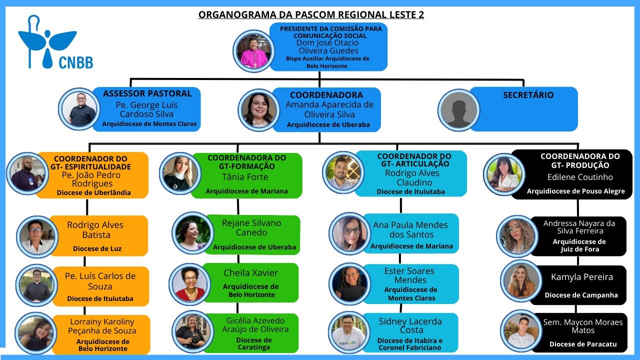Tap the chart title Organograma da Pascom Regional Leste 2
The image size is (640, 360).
(x=311, y=14)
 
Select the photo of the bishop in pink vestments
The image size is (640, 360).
(x=252, y=50)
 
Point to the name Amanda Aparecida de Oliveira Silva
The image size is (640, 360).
(x=329, y=109)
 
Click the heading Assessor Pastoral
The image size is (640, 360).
(x=147, y=93)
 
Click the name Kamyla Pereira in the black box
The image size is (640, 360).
(x=581, y=277)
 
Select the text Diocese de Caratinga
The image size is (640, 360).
(x=253, y=343)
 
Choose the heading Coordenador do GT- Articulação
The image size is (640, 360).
(x=414, y=160)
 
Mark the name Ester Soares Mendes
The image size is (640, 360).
(x=410, y=275)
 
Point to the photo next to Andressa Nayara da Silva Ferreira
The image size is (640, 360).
(x=517, y=235)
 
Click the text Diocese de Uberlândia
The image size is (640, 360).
(x=94, y=192)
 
